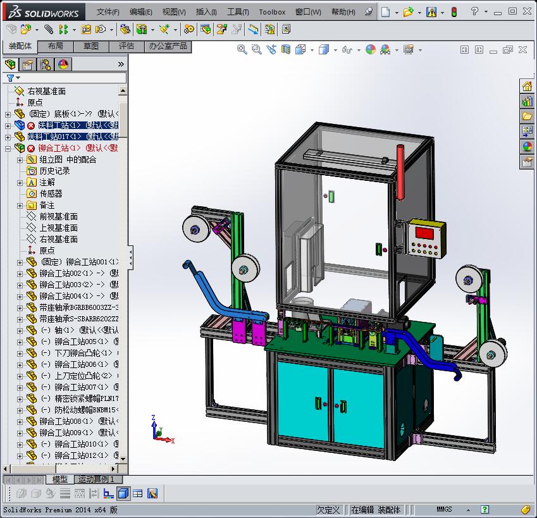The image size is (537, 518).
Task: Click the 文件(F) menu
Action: coord(108,12)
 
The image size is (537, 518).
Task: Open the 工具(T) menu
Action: coord(238,12)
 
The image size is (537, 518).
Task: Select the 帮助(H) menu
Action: coord(343,12)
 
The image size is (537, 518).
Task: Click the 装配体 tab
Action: coord(20,46)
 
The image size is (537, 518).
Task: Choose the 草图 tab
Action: coord(90,46)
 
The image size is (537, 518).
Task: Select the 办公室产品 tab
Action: coord(168,46)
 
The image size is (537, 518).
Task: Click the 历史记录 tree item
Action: coord(54,171)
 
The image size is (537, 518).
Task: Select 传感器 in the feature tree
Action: coord(51,194)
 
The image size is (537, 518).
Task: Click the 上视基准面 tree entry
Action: coord(58,228)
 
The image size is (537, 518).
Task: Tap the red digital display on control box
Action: coord(424,232)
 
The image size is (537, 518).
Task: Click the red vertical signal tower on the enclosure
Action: coord(400,171)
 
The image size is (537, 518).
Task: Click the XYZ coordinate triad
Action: coord(159,429)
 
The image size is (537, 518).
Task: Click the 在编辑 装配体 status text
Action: coord(376,510)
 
